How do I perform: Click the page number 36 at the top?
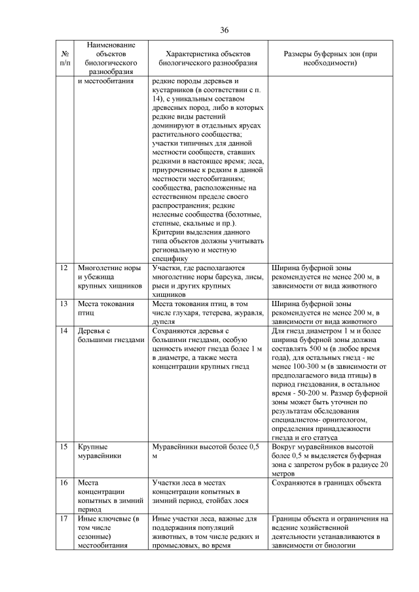pos(224,30)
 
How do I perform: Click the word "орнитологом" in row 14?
pos(324,419)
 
